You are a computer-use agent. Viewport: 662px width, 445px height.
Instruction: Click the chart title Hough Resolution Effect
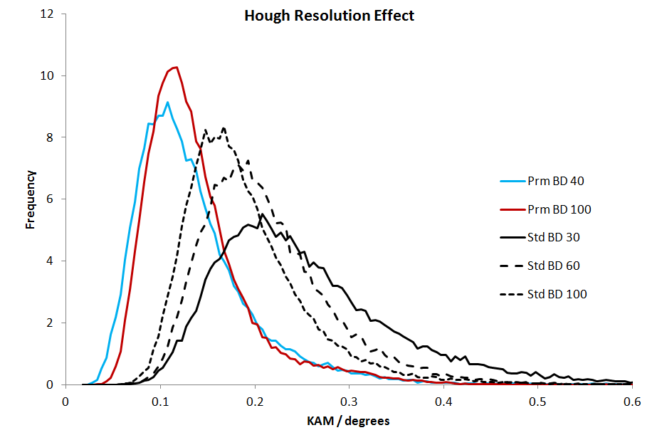point(329,16)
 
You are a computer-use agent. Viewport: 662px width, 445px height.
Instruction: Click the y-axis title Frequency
point(31,199)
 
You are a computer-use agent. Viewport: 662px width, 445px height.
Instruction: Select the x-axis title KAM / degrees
point(349,421)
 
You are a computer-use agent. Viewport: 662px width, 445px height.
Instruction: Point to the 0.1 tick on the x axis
point(160,400)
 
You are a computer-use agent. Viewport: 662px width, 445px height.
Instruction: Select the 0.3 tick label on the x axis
point(350,400)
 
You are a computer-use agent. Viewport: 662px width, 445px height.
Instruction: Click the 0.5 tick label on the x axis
point(538,400)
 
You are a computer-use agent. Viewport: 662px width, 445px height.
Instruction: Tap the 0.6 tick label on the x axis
point(631,400)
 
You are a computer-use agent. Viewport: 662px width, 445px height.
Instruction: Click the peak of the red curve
point(176,67)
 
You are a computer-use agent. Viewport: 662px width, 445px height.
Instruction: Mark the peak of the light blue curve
point(167,102)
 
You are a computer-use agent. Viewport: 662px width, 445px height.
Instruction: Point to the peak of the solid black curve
point(262,214)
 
